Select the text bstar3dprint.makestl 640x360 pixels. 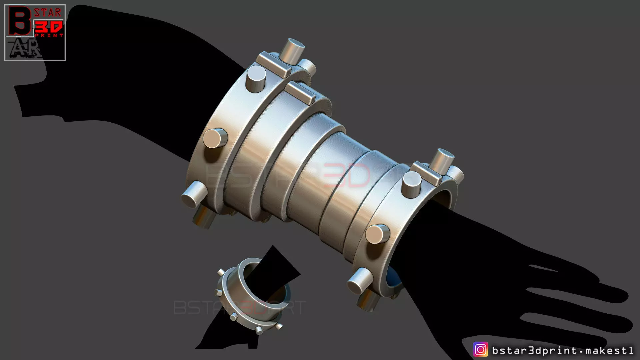562,350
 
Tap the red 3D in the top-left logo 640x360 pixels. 49,27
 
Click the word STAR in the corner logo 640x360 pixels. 48,13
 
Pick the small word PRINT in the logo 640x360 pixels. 49,35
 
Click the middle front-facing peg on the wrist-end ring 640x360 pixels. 377,234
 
